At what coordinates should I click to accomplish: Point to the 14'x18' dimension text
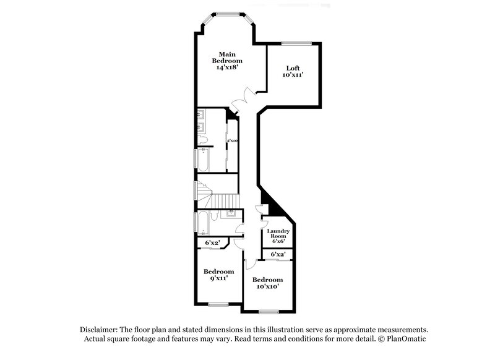click(x=227, y=68)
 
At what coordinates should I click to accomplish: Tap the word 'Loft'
click(x=293, y=68)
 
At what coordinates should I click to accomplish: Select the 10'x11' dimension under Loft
click(x=293, y=75)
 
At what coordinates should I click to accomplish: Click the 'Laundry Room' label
click(x=278, y=234)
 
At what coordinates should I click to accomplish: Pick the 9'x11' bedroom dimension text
click(x=219, y=279)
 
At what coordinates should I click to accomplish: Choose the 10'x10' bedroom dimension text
click(x=267, y=286)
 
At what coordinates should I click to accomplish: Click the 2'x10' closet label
click(x=232, y=141)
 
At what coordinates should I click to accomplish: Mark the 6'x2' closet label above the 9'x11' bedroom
click(x=213, y=243)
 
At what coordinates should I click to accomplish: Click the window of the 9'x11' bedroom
click(x=219, y=304)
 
